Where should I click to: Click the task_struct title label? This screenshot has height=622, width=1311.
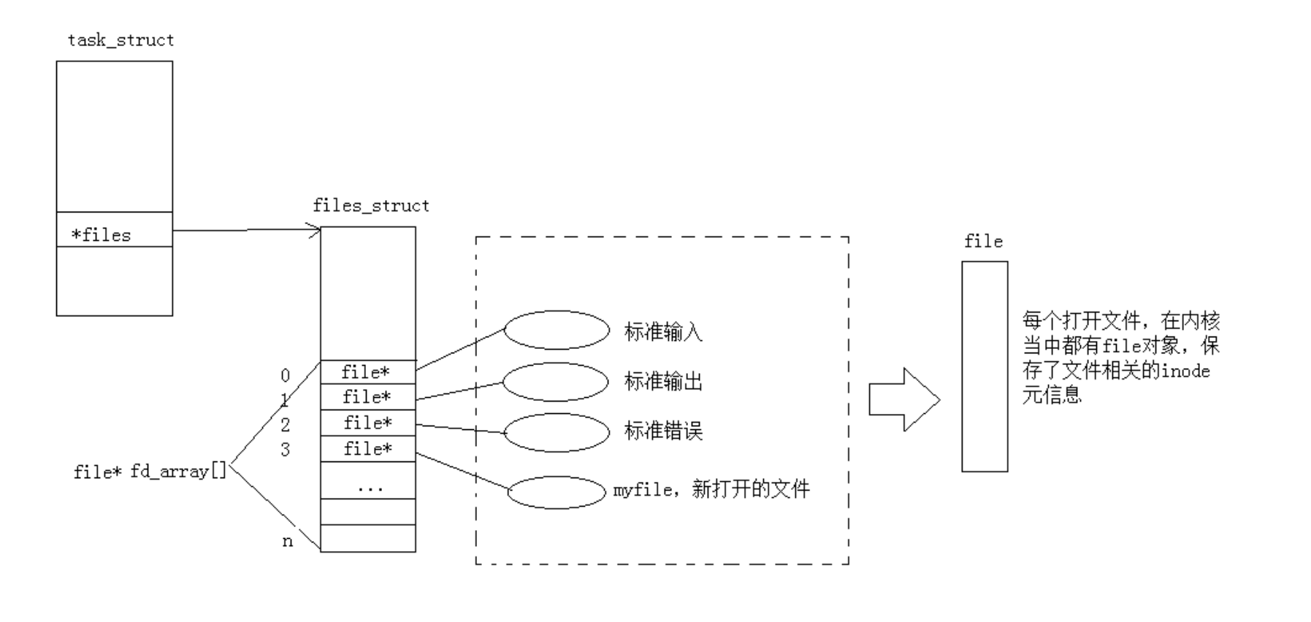tap(121, 40)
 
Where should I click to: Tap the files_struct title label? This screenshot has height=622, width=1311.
tap(371, 206)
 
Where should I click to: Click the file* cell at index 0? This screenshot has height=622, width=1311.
tap(367, 372)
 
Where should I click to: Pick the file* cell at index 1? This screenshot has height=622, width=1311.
tap(367, 397)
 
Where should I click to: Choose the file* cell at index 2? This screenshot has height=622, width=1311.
tap(367, 423)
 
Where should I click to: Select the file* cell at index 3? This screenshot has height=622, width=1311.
tap(367, 448)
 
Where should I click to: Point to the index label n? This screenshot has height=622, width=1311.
tap(287, 541)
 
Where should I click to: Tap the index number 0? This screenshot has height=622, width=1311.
tap(285, 375)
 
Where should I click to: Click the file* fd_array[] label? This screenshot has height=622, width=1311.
tap(150, 472)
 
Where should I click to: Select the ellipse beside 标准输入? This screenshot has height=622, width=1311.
tap(557, 330)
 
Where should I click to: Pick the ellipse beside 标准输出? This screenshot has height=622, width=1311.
tap(555, 381)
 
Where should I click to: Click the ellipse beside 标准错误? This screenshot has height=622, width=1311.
tap(557, 432)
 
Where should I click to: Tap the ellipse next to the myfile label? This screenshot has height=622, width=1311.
tap(557, 492)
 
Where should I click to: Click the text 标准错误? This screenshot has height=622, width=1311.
tap(663, 431)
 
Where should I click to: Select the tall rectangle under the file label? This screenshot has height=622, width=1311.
tap(985, 366)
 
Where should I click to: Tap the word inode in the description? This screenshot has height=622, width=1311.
tap(1185, 371)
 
